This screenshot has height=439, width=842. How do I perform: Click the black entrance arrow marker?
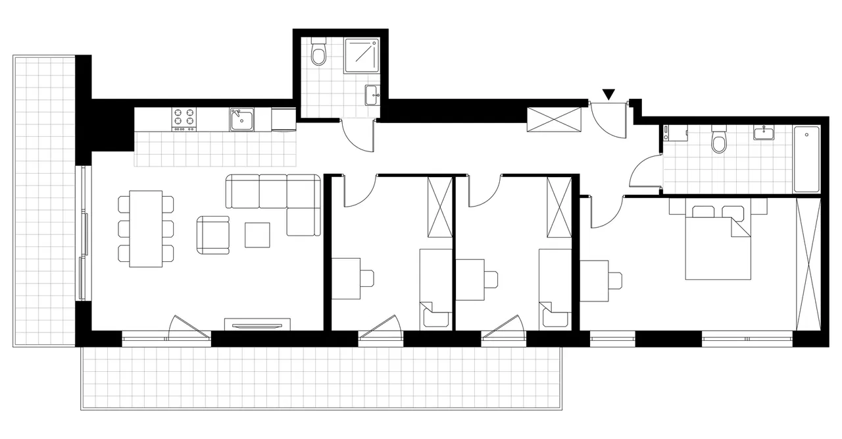click(x=609, y=95)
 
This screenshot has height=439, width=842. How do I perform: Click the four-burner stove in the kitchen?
click(x=185, y=118)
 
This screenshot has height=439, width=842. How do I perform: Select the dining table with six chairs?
click(x=146, y=228)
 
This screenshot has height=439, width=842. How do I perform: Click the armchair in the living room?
click(x=213, y=236)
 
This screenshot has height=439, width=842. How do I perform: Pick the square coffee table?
click(x=257, y=235)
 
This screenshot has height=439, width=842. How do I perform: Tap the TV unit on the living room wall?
click(x=257, y=324)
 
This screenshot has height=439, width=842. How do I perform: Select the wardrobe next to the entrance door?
click(x=555, y=119)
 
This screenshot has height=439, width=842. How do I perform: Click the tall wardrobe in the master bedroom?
click(x=808, y=263)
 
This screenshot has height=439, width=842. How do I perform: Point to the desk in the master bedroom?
click(x=594, y=280)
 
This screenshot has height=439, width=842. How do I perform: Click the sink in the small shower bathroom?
click(x=372, y=95)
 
